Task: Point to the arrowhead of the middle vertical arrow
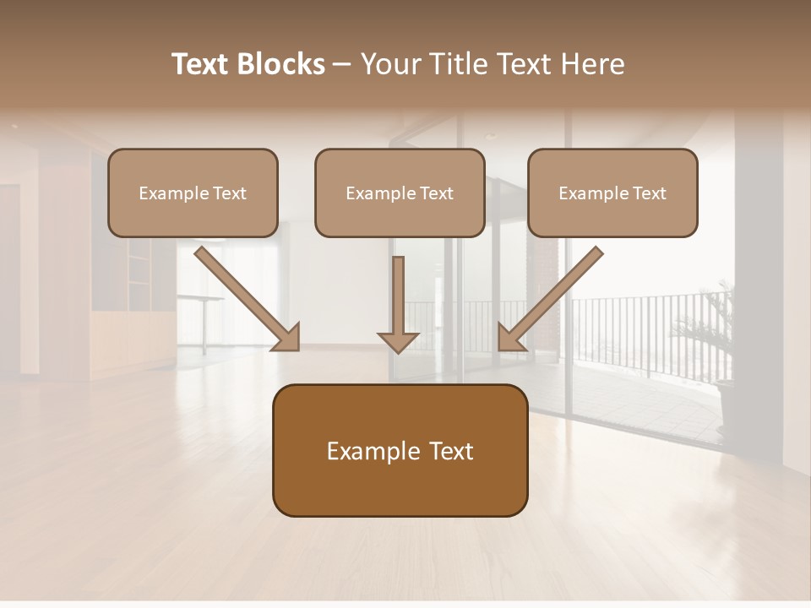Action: pos(398,341)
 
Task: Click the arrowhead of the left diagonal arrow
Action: pos(287,337)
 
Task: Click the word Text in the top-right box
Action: pos(649,193)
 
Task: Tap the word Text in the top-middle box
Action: pos(436,193)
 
